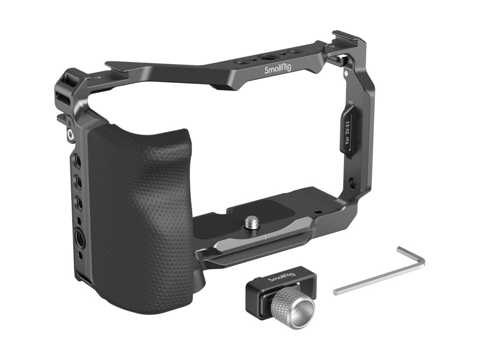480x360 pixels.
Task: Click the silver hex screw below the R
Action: (x=70, y=134)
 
